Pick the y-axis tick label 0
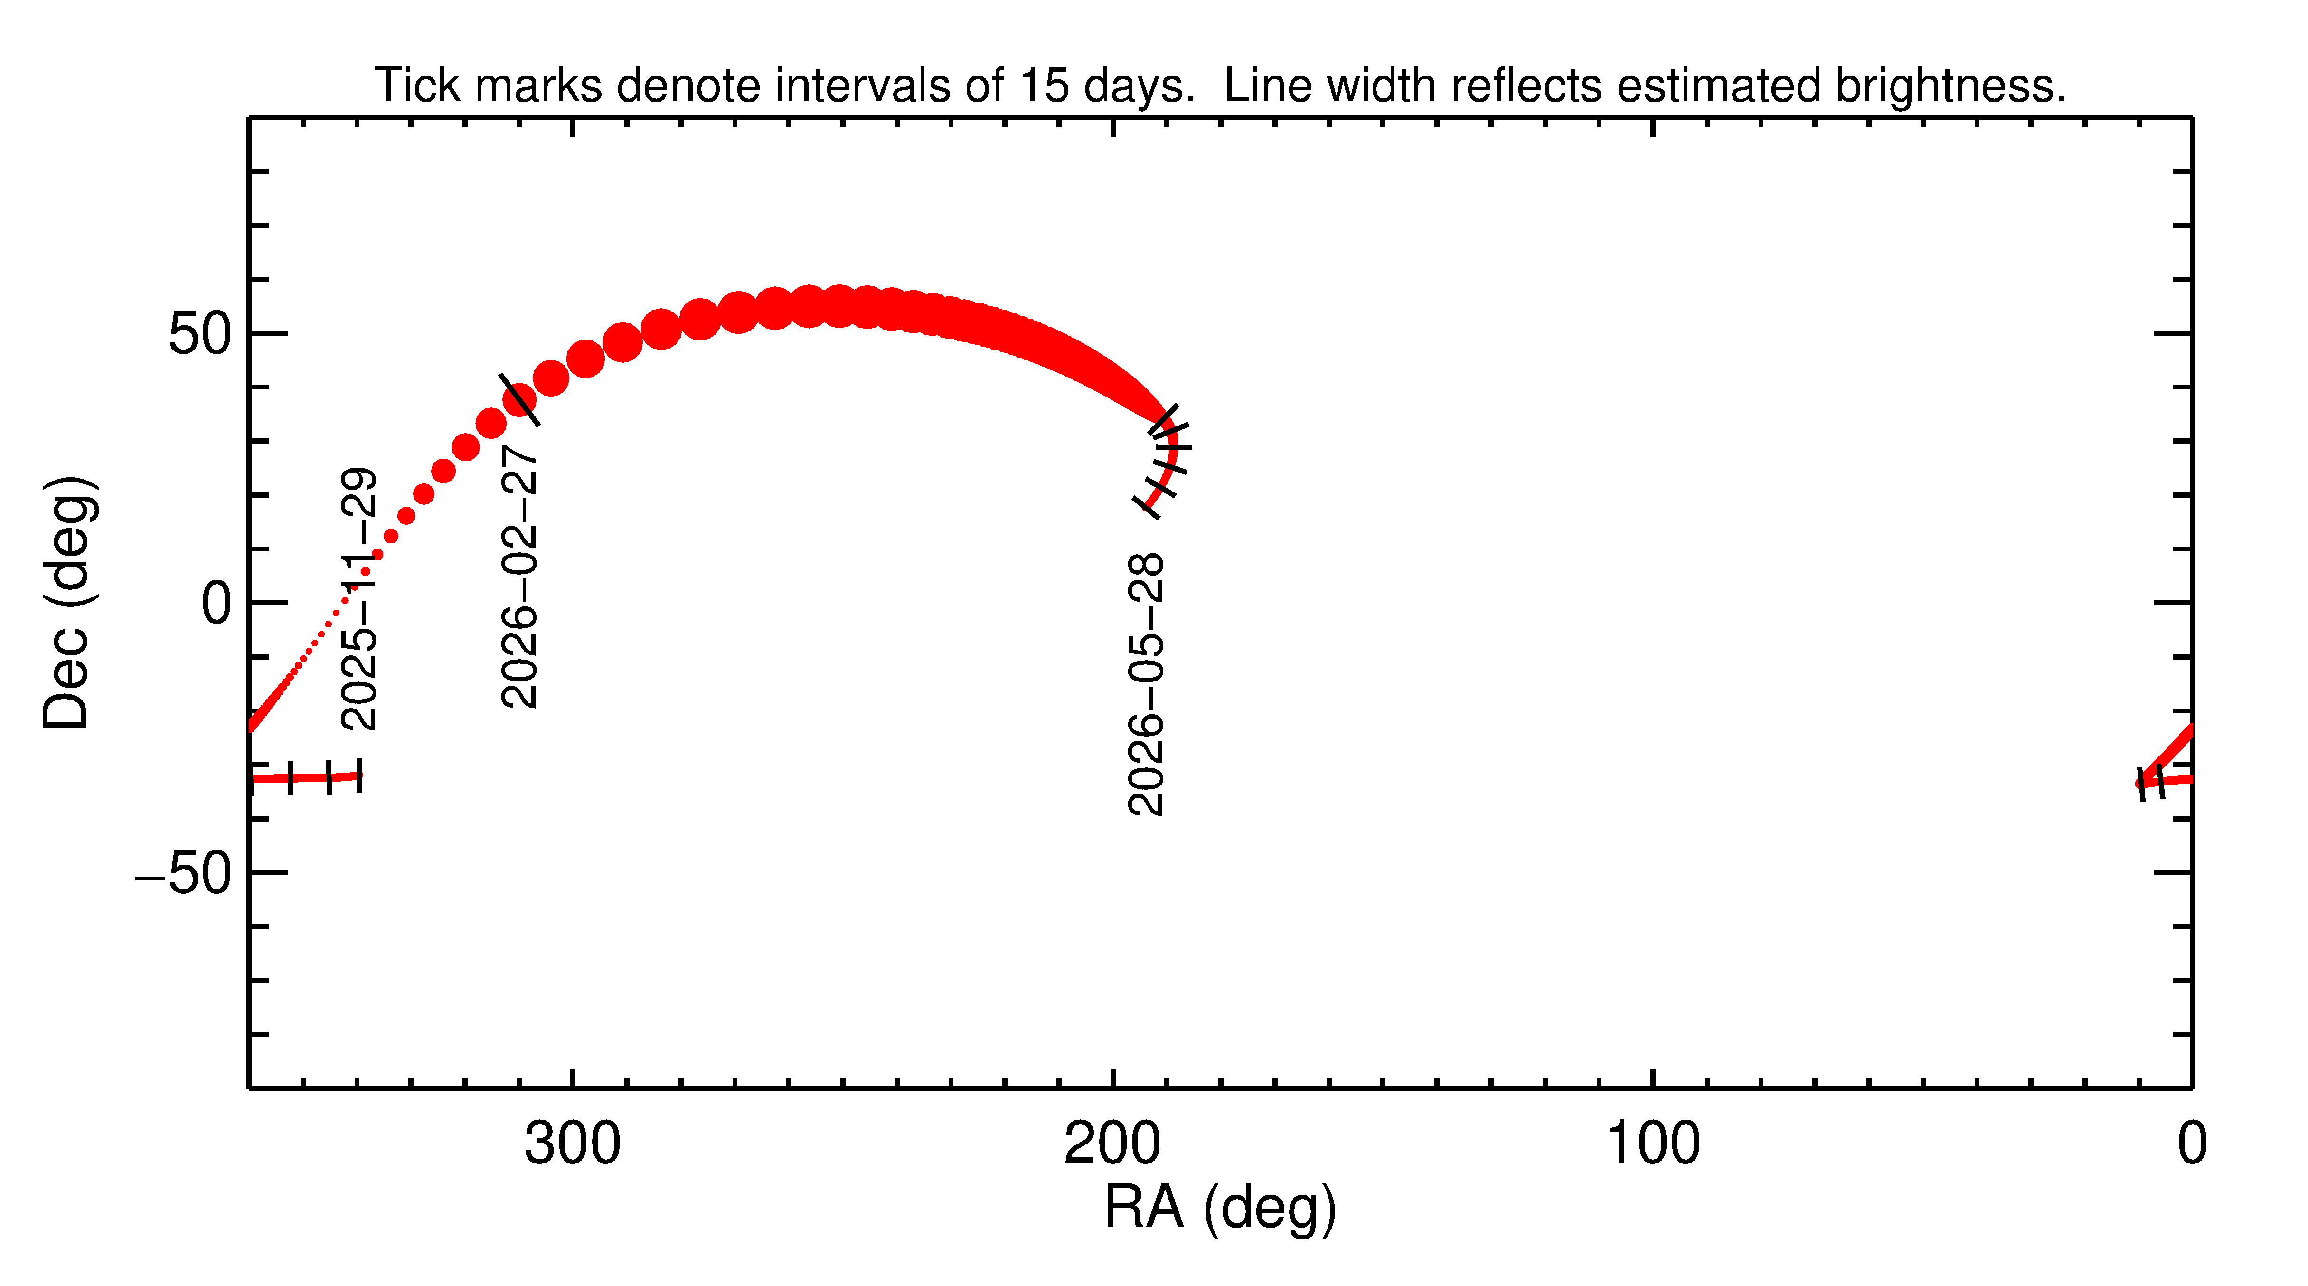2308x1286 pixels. (217, 604)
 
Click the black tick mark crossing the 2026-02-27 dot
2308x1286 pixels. (519, 400)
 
